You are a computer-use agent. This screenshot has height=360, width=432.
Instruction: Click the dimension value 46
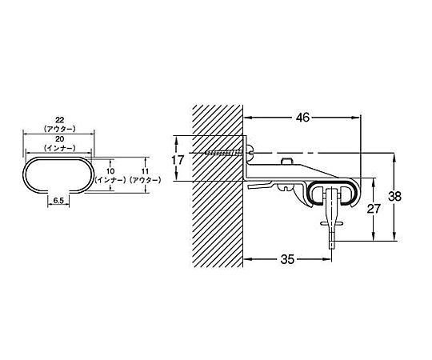pyautogui.click(x=302, y=118)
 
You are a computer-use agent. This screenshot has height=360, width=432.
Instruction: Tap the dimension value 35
pyautogui.click(x=288, y=259)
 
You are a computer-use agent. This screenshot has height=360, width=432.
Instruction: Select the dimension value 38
pyautogui.click(x=394, y=196)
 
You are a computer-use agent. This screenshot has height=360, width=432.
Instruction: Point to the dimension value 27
pyautogui.click(x=374, y=209)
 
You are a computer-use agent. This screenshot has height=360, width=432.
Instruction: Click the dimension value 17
pyautogui.click(x=178, y=160)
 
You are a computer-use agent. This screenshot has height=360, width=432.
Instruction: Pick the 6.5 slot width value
pyautogui.click(x=58, y=200)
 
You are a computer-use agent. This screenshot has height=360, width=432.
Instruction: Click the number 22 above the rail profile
pyautogui.click(x=59, y=120)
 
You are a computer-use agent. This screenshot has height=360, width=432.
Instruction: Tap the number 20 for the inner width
pyautogui.click(x=59, y=139)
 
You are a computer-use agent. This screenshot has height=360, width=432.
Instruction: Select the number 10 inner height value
pyautogui.click(x=110, y=171)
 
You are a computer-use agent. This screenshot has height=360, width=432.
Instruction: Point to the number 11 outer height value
pyautogui.click(x=145, y=171)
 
